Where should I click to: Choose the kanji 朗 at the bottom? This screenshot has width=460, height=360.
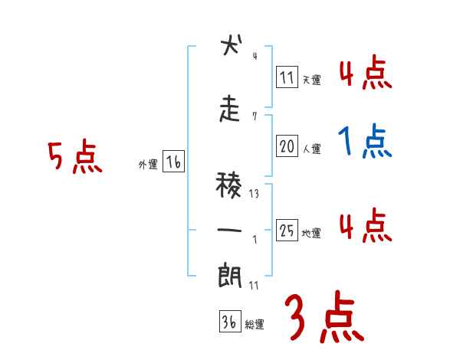point(230,275)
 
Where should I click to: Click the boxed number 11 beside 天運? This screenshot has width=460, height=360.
point(287,77)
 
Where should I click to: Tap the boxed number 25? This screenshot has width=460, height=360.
point(287,231)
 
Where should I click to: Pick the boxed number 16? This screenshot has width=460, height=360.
point(174,162)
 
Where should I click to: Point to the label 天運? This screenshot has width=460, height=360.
point(311,79)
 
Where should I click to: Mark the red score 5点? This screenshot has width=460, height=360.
point(75,157)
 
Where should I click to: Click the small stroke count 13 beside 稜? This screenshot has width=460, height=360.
point(254,194)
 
